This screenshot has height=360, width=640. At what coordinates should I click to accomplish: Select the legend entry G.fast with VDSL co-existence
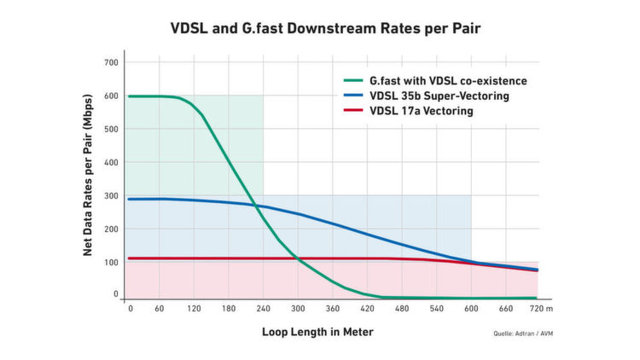click(441, 80)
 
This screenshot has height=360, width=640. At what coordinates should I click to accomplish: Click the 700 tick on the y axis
click(111, 63)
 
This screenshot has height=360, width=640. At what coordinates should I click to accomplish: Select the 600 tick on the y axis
click(111, 96)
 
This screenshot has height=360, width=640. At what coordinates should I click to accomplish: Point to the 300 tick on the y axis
click(111, 195)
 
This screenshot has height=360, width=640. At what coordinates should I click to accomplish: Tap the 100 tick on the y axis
click(111, 261)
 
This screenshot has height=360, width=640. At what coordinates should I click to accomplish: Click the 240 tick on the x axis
click(262, 309)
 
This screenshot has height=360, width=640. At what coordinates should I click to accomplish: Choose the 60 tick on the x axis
click(160, 309)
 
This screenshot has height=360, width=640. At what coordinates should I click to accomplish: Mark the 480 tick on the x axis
click(400, 309)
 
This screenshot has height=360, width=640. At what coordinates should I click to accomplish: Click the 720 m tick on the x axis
click(541, 309)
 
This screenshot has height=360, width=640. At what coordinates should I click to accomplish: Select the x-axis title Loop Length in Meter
click(317, 331)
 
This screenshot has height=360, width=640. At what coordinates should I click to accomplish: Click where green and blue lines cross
click(255, 205)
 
